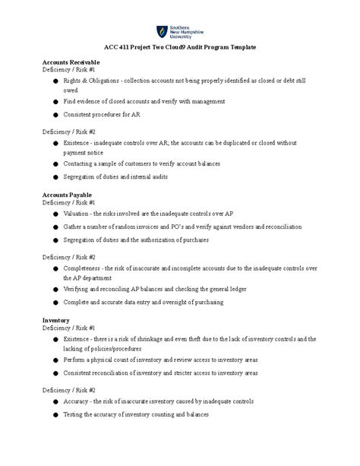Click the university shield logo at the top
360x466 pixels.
click(x=162, y=31)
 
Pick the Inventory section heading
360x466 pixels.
click(x=56, y=321)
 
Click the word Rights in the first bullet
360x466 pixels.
click(x=73, y=80)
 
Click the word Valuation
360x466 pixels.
click(x=78, y=215)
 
